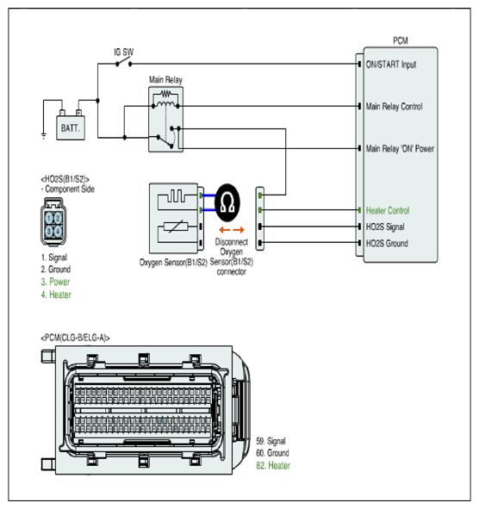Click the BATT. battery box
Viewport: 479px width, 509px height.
(71, 128)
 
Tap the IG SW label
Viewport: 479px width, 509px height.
(124, 52)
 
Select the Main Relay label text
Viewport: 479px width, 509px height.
(165, 80)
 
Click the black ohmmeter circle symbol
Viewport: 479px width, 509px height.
(227, 202)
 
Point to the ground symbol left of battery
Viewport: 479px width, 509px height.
(44, 135)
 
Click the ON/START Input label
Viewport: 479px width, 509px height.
(391, 65)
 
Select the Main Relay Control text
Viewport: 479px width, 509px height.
(395, 107)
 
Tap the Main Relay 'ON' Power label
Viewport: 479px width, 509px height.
(400, 149)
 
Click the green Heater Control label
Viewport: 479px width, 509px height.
(388, 211)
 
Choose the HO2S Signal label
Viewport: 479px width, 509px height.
(385, 227)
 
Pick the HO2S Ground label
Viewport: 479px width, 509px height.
(387, 244)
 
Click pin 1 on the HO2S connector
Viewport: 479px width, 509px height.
(49, 218)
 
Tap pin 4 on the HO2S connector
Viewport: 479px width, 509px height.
(58, 232)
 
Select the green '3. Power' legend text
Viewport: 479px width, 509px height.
(55, 282)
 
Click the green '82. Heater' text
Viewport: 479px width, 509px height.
(273, 465)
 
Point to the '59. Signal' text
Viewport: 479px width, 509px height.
(271, 441)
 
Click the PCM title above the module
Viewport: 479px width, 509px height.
(401, 40)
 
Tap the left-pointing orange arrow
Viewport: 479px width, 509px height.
(224, 230)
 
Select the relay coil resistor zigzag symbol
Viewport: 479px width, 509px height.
(165, 94)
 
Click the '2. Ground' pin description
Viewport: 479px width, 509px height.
(55, 270)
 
